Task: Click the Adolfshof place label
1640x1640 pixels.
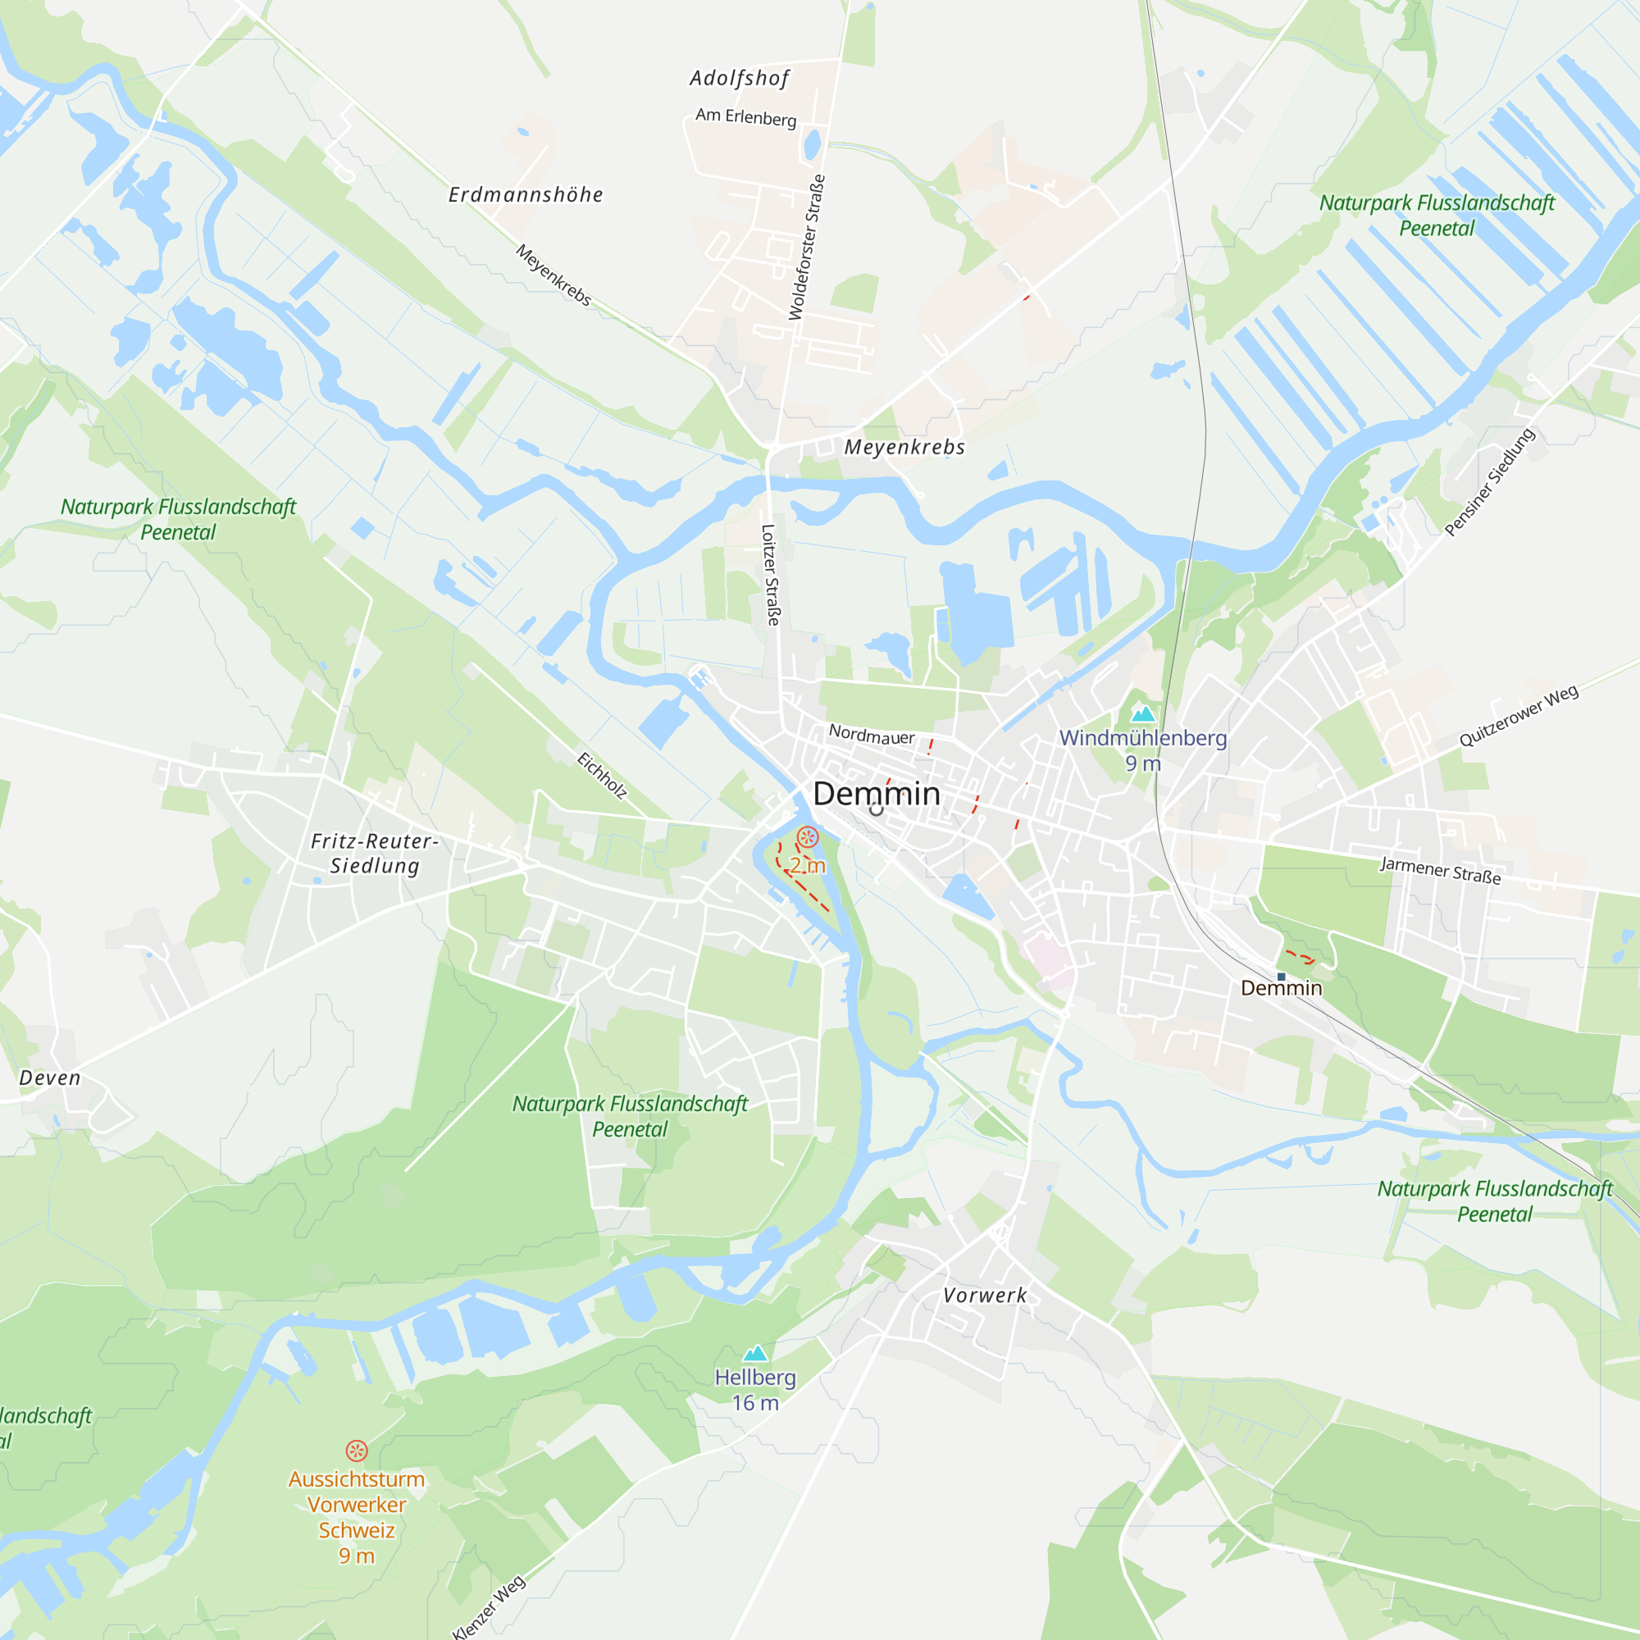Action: tap(739, 79)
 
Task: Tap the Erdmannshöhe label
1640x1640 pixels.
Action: tap(526, 195)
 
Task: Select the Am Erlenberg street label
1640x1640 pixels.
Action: tap(745, 117)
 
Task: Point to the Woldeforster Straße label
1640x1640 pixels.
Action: tap(806, 247)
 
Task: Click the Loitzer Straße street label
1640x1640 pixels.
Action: tap(770, 575)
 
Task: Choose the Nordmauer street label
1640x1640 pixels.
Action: tap(871, 735)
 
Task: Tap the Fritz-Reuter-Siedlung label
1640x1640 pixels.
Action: tap(375, 853)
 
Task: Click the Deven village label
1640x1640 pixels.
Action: tap(50, 1078)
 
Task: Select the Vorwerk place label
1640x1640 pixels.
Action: tap(985, 1296)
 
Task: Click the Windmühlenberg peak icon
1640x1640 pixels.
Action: tap(1142, 714)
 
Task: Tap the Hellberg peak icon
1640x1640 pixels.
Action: tap(754, 1353)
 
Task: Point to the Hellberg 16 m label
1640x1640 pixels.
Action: tap(754, 1390)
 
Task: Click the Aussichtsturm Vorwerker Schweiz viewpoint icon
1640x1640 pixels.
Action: tap(357, 1451)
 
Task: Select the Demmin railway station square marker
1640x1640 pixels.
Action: tap(1281, 977)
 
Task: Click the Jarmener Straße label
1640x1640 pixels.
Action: tap(1440, 870)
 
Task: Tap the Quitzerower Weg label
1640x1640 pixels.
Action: tap(1518, 716)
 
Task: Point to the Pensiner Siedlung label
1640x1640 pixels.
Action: tap(1489, 482)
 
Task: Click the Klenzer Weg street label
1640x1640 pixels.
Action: tap(489, 1608)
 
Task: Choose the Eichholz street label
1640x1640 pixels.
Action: tap(602, 775)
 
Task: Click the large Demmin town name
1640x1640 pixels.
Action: tap(876, 794)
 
